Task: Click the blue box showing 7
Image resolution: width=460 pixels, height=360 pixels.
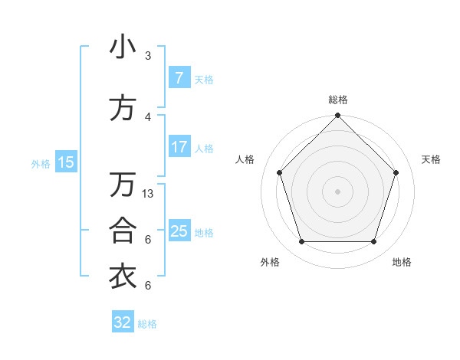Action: [179, 78]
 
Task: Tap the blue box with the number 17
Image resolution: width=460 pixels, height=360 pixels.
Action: [179, 147]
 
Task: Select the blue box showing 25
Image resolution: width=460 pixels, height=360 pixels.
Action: [179, 231]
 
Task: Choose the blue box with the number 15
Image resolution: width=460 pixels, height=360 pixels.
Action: [66, 162]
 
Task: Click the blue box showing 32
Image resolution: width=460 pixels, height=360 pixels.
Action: [123, 322]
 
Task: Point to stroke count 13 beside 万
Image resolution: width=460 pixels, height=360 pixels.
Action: [148, 194]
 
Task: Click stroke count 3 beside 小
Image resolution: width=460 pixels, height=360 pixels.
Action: [148, 56]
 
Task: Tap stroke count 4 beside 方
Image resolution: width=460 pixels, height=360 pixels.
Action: [148, 117]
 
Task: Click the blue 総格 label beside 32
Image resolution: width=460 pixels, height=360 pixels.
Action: [147, 324]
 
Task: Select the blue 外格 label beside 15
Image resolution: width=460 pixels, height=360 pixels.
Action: [41, 163]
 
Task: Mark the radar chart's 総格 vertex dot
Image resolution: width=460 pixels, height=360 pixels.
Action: [337, 116]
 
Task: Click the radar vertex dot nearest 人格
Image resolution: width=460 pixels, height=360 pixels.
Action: [279, 172]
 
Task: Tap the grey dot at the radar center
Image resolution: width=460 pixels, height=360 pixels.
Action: [337, 191]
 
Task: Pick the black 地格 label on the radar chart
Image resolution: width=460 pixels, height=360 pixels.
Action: [402, 262]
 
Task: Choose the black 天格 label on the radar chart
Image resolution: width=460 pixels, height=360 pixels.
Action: [432, 159]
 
